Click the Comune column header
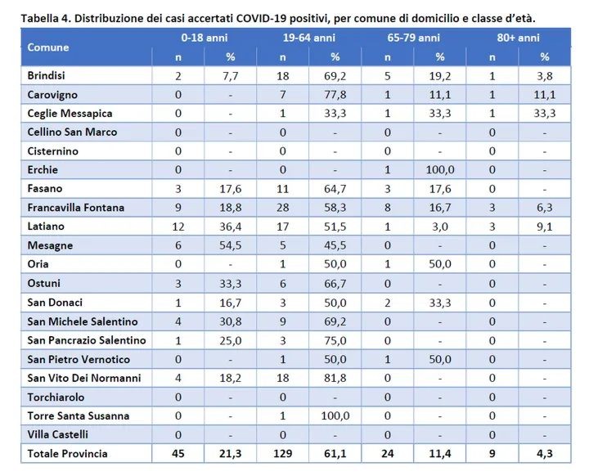tap(48, 47)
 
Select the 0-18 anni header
tap(205, 38)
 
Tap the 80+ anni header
tap(518, 38)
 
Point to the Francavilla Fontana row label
tap(75, 208)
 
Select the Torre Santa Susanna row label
tap(79, 415)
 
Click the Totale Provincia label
tap(67, 453)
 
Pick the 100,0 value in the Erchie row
tap(439, 169)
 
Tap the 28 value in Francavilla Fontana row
tap(283, 208)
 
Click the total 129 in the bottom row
tap(283, 453)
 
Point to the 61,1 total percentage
tap(335, 453)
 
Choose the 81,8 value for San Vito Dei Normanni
tap(335, 378)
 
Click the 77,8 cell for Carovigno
tap(335, 94)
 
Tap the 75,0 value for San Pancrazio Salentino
tap(335, 340)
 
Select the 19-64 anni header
tap(308, 38)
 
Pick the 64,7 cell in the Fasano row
tap(335, 189)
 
